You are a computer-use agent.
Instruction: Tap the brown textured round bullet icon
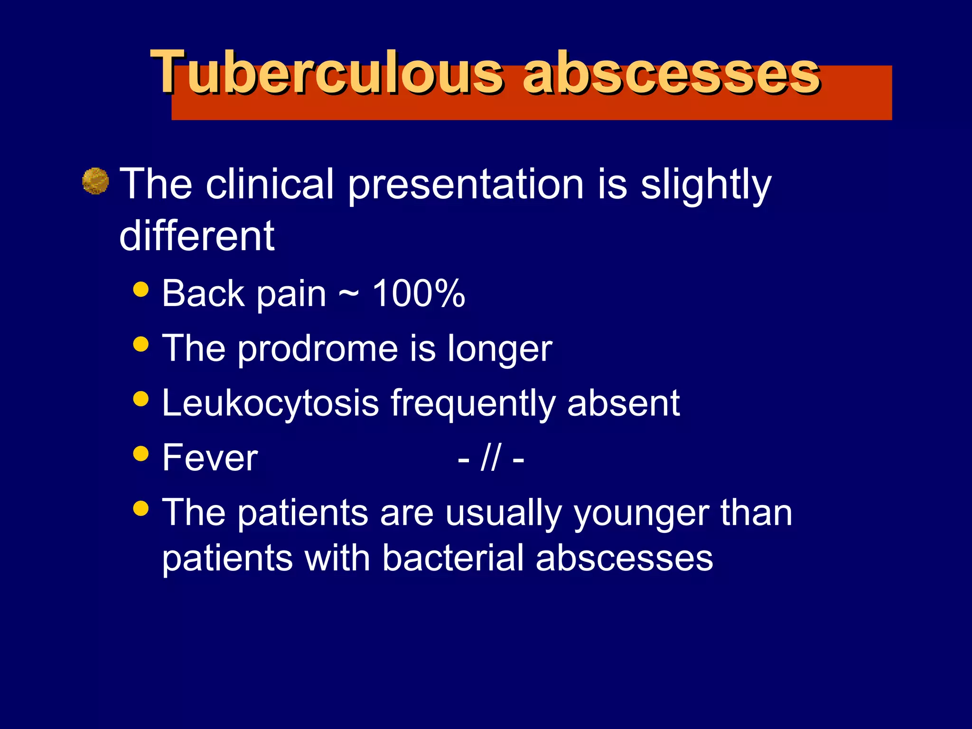click(x=95, y=181)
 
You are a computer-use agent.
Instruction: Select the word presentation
click(x=466, y=185)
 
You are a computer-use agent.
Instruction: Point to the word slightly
click(x=706, y=185)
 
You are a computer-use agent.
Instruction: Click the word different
click(x=197, y=236)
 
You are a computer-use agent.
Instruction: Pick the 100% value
click(x=418, y=294)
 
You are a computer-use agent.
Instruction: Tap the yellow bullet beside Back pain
click(x=141, y=289)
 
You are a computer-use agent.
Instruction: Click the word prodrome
click(x=318, y=349)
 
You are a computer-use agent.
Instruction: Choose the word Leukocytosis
click(x=270, y=403)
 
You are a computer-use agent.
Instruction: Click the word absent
click(x=623, y=403)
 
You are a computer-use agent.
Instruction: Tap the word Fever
click(x=210, y=458)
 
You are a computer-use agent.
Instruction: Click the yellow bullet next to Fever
click(x=141, y=453)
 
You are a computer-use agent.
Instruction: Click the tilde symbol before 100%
click(x=348, y=295)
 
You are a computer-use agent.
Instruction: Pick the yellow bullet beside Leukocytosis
click(x=141, y=399)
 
